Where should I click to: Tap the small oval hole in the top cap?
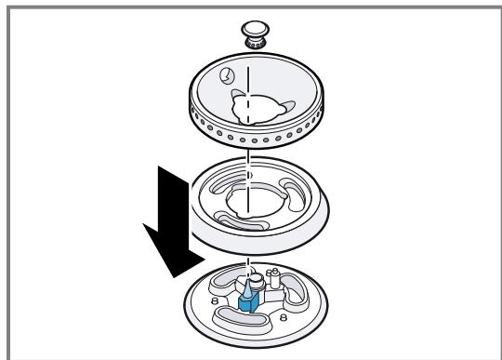pos(228,76)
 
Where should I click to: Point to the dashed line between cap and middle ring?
pos(250,161)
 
